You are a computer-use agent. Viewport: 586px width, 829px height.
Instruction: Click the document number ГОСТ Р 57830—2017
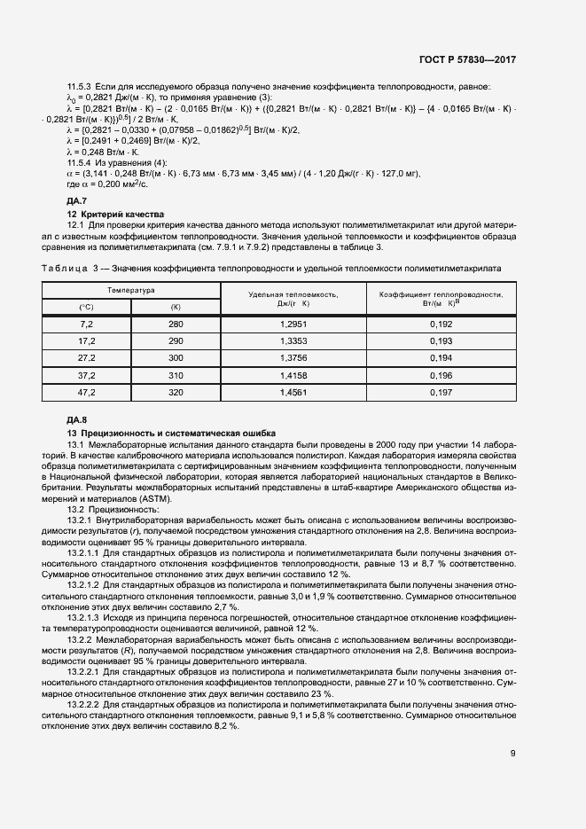(467, 59)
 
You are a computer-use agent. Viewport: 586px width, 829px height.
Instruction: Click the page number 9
(512, 754)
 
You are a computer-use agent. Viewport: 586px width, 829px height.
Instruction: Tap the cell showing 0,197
(441, 391)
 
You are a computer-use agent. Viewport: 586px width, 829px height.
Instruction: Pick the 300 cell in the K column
(175, 358)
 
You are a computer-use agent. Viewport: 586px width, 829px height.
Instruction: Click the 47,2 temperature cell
(87, 391)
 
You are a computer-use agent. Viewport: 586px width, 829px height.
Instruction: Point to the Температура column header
(131, 290)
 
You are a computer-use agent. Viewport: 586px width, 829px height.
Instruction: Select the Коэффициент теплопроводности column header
(441, 298)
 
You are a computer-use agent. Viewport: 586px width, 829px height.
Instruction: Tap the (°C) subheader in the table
(87, 307)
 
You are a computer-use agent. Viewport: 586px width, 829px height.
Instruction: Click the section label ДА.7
(77, 202)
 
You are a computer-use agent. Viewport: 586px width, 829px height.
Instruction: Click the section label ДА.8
(77, 418)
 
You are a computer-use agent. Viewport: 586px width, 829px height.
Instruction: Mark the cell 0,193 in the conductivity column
(441, 342)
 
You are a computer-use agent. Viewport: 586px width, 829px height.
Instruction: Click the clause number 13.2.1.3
(88, 615)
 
